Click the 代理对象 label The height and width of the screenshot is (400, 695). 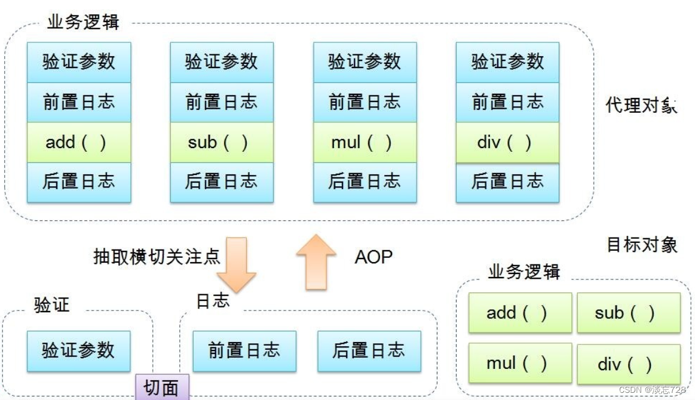(x=641, y=106)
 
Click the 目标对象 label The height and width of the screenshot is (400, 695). (x=642, y=244)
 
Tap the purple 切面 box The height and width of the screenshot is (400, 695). (x=161, y=387)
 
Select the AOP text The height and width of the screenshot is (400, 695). (x=373, y=257)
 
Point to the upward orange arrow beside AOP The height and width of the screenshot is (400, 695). (x=316, y=261)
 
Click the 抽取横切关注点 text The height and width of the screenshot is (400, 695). (x=157, y=257)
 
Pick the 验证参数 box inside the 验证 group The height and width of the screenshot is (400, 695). (x=78, y=350)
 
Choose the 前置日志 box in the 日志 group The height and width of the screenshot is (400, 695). (x=244, y=350)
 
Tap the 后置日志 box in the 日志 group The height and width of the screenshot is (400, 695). (x=369, y=350)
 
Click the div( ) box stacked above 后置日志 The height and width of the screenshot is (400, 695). (x=507, y=143)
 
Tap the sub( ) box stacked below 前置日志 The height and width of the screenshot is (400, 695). (x=221, y=143)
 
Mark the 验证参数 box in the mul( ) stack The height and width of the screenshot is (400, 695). (x=365, y=61)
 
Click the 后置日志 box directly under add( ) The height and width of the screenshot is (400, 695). (x=78, y=181)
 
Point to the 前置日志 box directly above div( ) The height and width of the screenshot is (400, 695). (x=507, y=102)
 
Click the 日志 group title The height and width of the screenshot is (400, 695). (x=213, y=300)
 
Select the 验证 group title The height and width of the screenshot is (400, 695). (x=51, y=304)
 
